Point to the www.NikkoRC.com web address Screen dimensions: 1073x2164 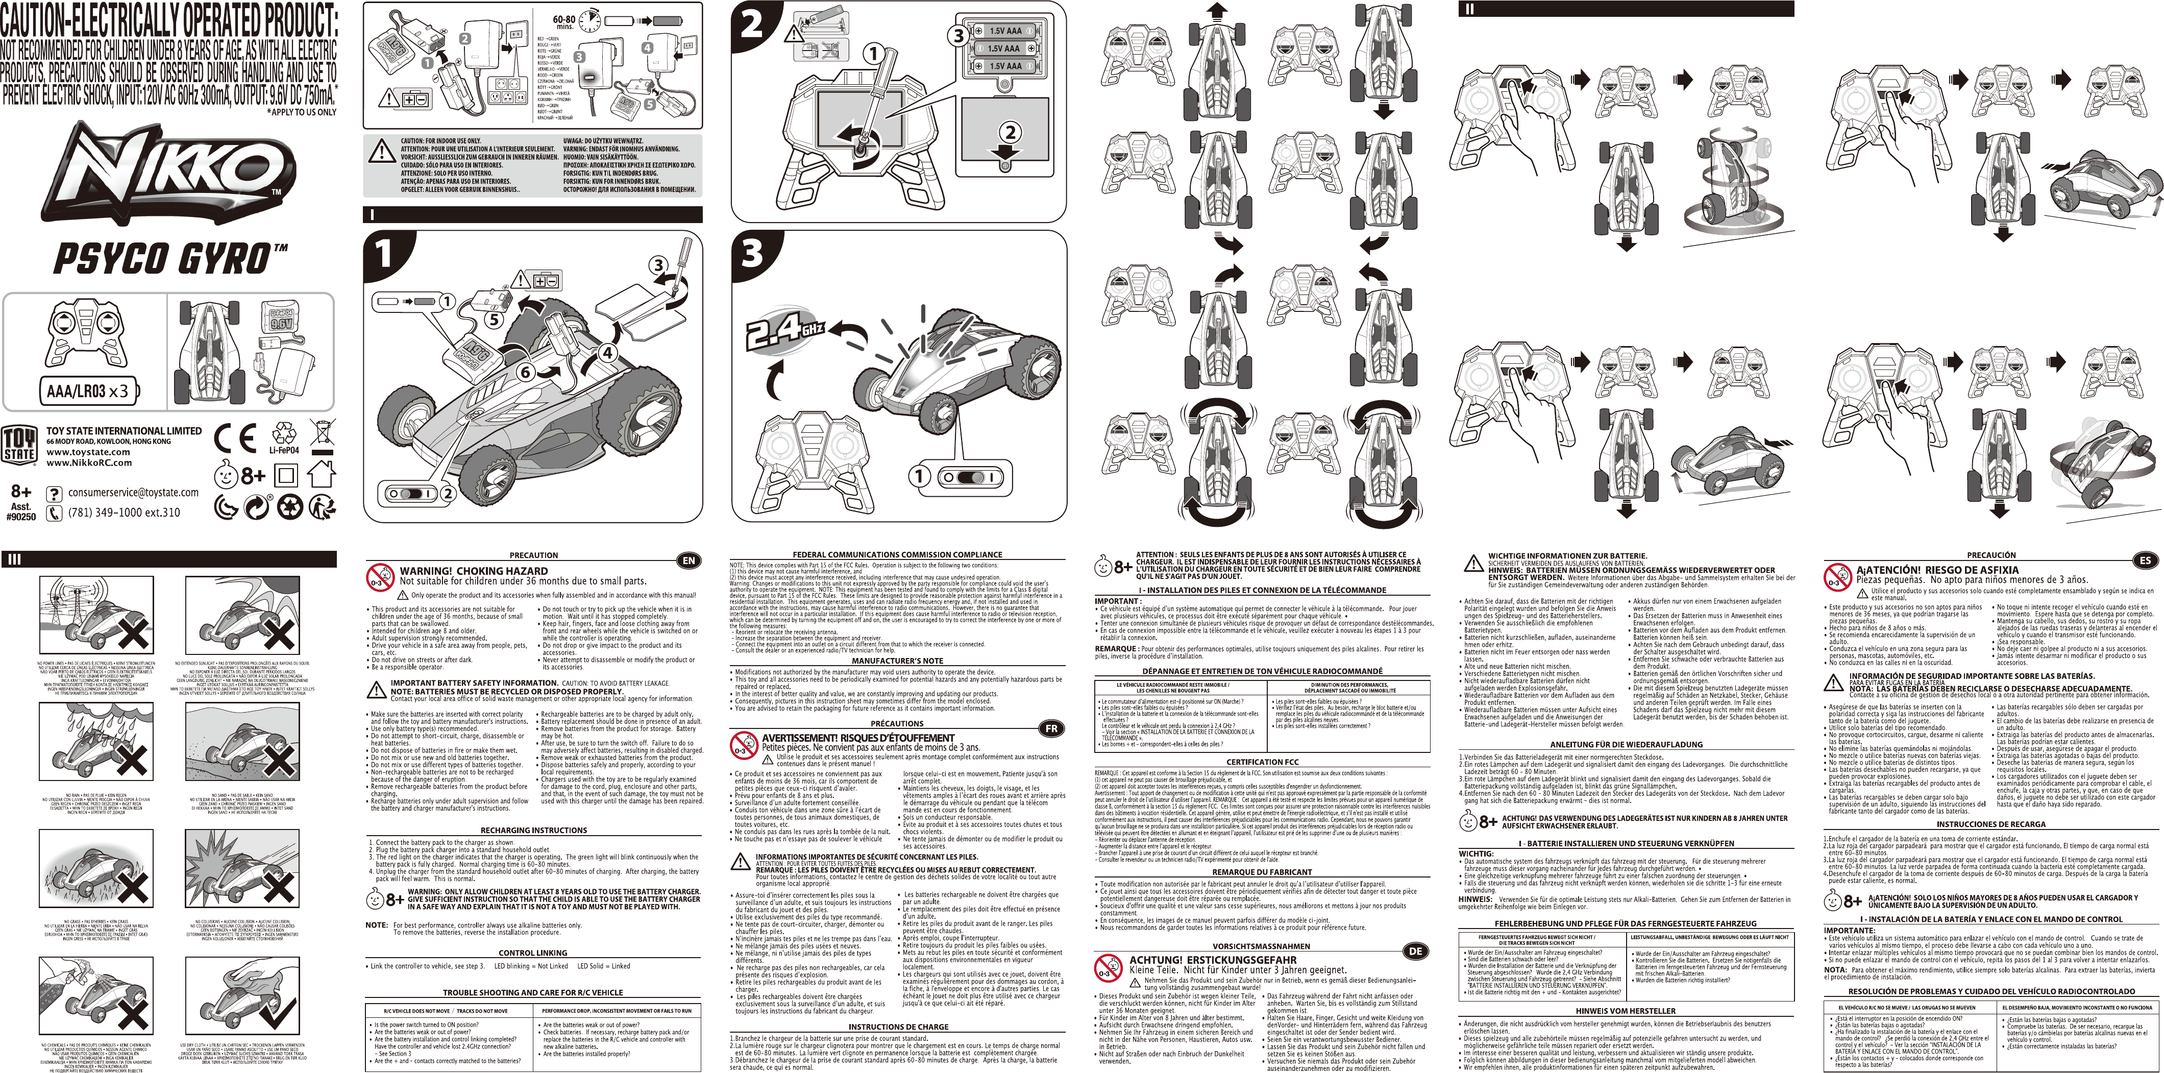(89, 462)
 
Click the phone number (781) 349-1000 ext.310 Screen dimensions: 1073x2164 (125, 511)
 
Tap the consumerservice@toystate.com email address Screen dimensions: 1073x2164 (134, 493)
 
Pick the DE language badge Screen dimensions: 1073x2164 (1415, 951)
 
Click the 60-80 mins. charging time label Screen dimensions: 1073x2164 (563, 22)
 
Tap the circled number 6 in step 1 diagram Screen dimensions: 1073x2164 (526, 371)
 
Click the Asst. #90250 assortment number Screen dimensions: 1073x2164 (21, 511)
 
